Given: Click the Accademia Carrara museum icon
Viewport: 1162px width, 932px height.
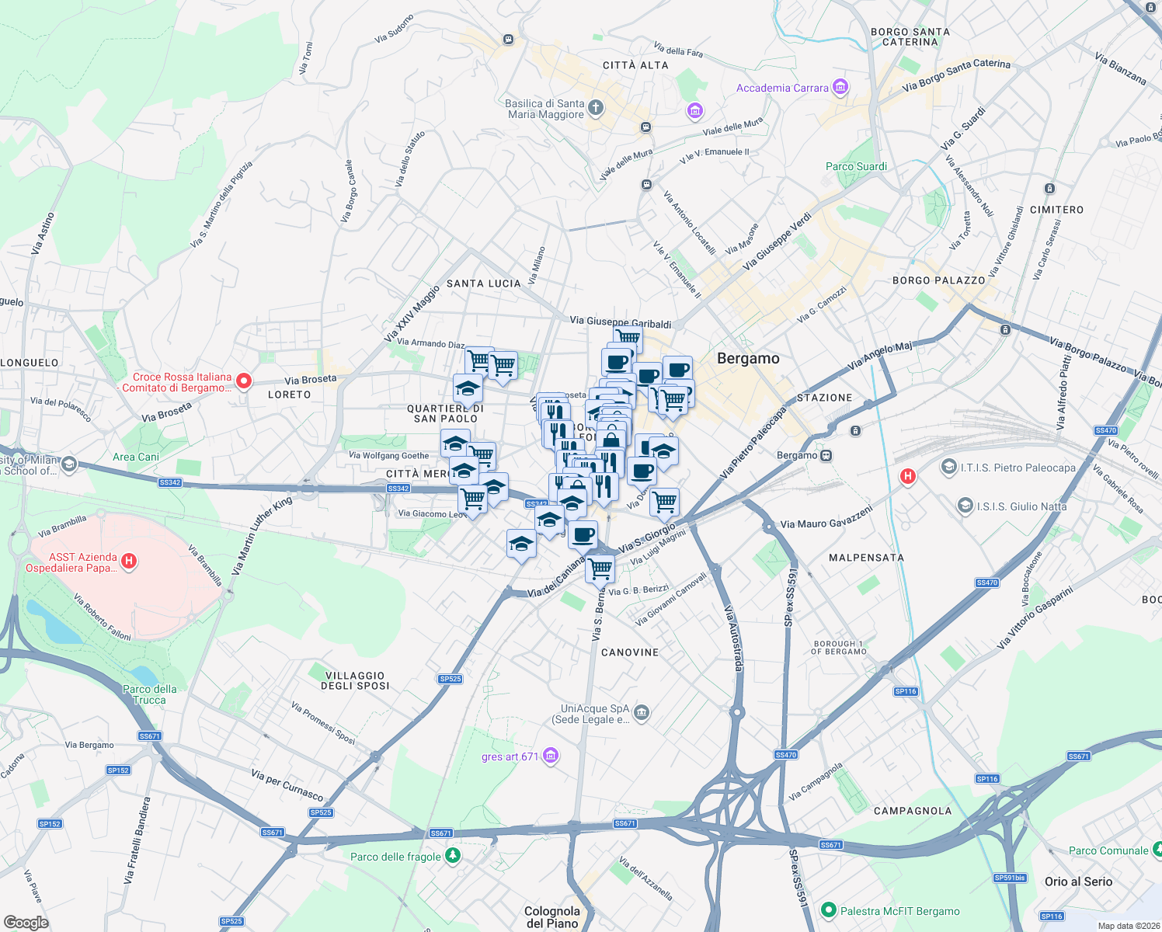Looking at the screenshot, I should click(840, 87).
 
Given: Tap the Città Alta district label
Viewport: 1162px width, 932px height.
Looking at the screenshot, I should click(635, 65).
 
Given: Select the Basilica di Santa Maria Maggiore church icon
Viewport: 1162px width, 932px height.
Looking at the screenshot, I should click(596, 108).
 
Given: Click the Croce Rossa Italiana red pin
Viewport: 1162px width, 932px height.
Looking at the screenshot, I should click(244, 381).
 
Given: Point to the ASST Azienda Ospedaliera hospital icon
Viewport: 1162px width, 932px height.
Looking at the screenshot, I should click(130, 561).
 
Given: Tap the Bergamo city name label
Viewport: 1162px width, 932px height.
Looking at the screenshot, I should click(748, 358).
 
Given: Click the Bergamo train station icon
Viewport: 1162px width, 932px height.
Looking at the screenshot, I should click(826, 455).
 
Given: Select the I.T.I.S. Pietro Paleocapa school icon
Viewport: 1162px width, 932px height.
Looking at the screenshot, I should click(948, 467).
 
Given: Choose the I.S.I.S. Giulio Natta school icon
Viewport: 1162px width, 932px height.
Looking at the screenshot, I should click(965, 506).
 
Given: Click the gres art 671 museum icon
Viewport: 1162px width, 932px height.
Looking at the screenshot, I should click(551, 756).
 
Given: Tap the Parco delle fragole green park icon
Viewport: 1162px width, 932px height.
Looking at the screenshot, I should click(452, 856).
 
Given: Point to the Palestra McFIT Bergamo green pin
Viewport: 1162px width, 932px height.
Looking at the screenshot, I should click(828, 910).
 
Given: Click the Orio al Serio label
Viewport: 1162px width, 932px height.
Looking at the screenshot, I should click(1078, 882).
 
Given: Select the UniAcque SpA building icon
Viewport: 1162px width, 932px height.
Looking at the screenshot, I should click(641, 712).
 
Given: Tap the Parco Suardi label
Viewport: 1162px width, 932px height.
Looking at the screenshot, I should click(856, 166).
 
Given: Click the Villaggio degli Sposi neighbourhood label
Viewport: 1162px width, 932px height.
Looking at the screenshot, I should click(356, 680).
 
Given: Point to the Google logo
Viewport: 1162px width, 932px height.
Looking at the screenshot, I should click(26, 923).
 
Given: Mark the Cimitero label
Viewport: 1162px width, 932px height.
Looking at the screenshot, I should click(1056, 210).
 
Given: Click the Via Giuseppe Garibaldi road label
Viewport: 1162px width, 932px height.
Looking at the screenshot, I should click(620, 322).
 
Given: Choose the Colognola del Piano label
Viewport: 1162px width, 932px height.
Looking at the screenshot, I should click(552, 916).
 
